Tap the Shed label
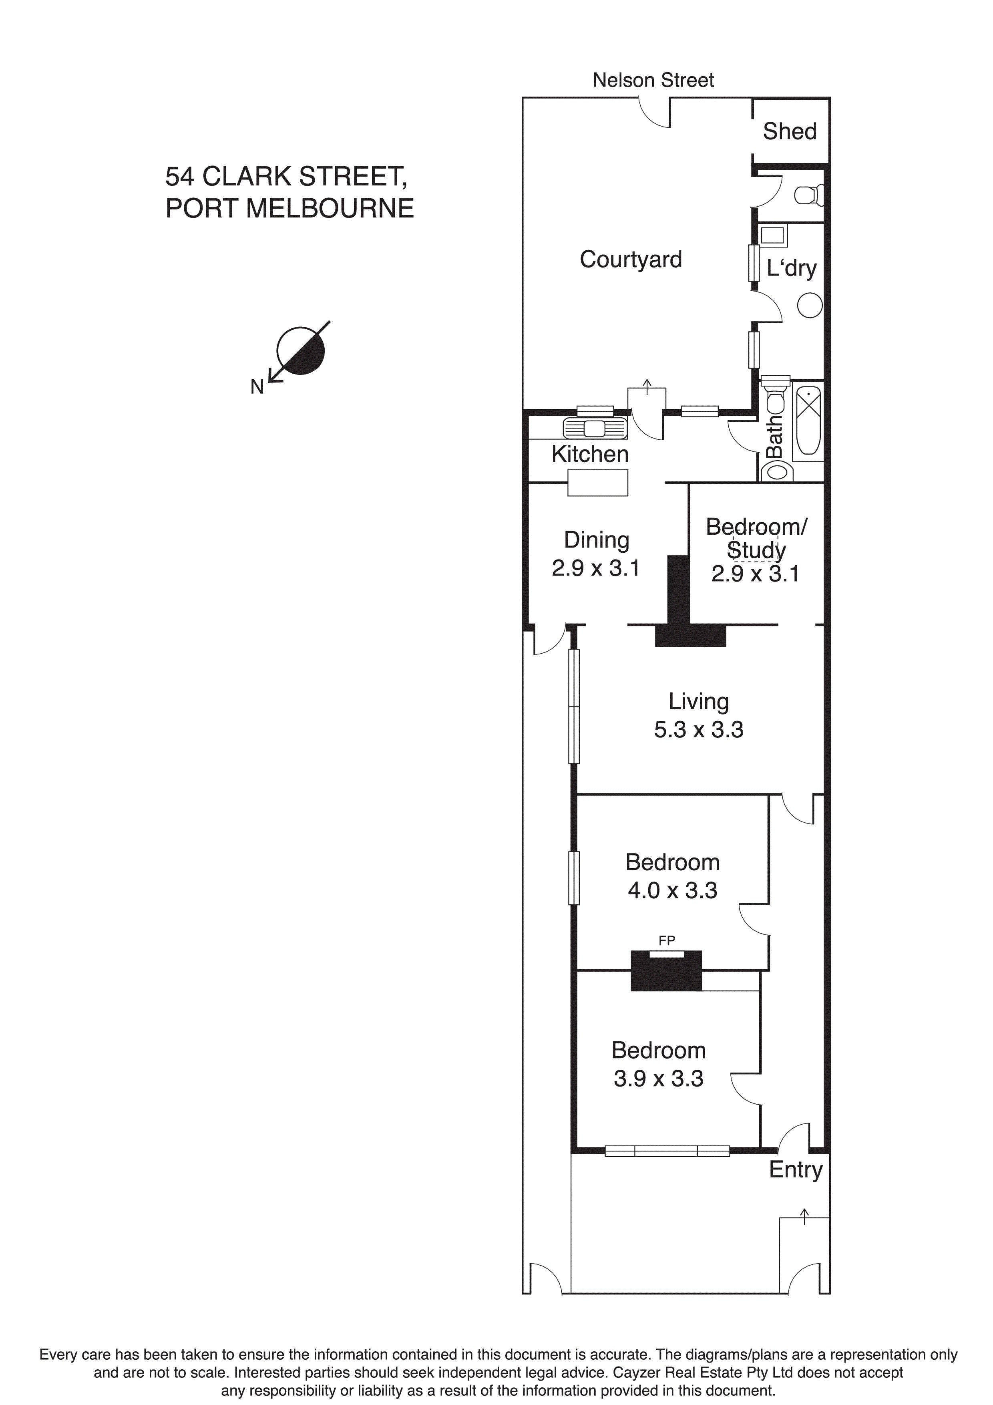click(789, 131)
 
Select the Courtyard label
click(630, 260)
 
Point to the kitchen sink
click(595, 428)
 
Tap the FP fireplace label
click(666, 940)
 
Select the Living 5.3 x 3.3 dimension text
click(698, 729)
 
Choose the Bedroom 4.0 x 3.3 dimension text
click(672, 890)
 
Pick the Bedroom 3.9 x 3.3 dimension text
click(658, 1078)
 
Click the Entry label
click(795, 1169)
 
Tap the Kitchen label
click(590, 454)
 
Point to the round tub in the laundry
click(810, 305)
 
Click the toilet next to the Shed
click(809, 195)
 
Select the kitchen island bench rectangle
click(598, 483)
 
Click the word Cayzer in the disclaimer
click(637, 1373)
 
